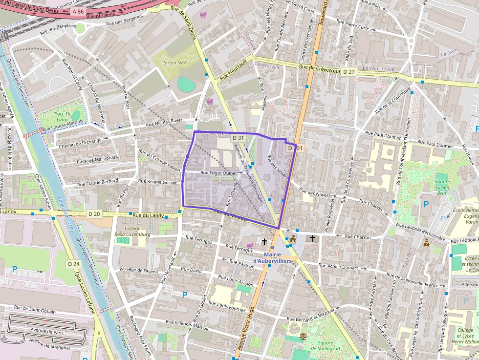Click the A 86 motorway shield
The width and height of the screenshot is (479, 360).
[x=77, y=11]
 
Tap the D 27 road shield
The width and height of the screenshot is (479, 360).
[x=348, y=72]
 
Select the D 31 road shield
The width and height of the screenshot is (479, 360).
[x=238, y=138]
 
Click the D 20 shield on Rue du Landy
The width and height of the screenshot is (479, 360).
[x=94, y=214]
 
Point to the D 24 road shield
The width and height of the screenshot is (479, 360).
[x=73, y=264]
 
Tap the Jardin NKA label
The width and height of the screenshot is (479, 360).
[x=175, y=63]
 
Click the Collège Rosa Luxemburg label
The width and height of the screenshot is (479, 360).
[x=132, y=231]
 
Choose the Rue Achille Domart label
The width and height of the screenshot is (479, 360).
[x=338, y=267]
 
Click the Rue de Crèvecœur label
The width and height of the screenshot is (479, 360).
[x=320, y=69]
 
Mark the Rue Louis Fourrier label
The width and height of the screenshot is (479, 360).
[x=227, y=306]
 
